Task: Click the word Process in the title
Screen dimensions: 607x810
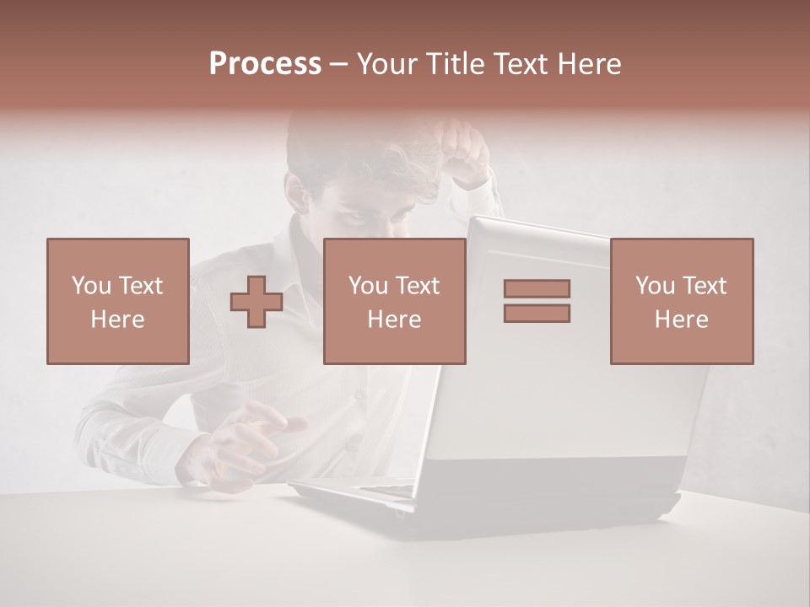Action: coord(265,64)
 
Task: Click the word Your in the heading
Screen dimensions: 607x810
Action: coord(387,64)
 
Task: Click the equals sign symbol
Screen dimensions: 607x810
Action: coord(537,301)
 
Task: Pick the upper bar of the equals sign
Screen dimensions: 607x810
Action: coord(537,289)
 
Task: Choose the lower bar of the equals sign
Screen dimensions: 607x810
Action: coord(537,313)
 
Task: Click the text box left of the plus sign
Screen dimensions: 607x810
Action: coord(117,301)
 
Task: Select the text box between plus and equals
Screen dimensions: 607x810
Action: coord(394,301)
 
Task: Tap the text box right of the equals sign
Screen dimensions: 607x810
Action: coord(681,301)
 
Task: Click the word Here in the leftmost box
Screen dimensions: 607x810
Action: coord(117,320)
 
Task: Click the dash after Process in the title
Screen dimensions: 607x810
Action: coord(339,64)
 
